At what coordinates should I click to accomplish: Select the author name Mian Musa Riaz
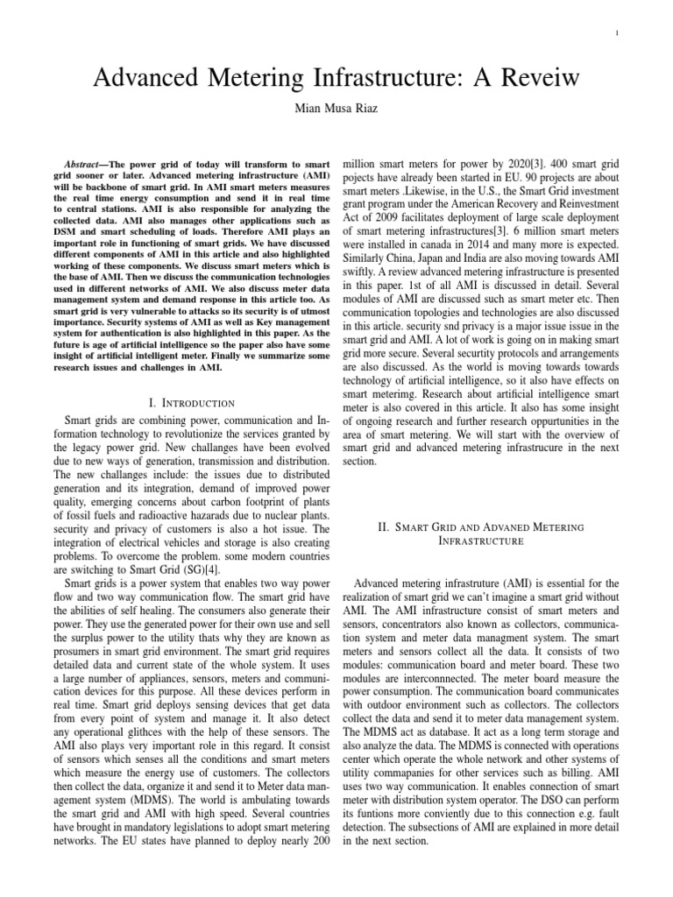coord(336,111)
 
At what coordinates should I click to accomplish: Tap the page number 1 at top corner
coord(619,34)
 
